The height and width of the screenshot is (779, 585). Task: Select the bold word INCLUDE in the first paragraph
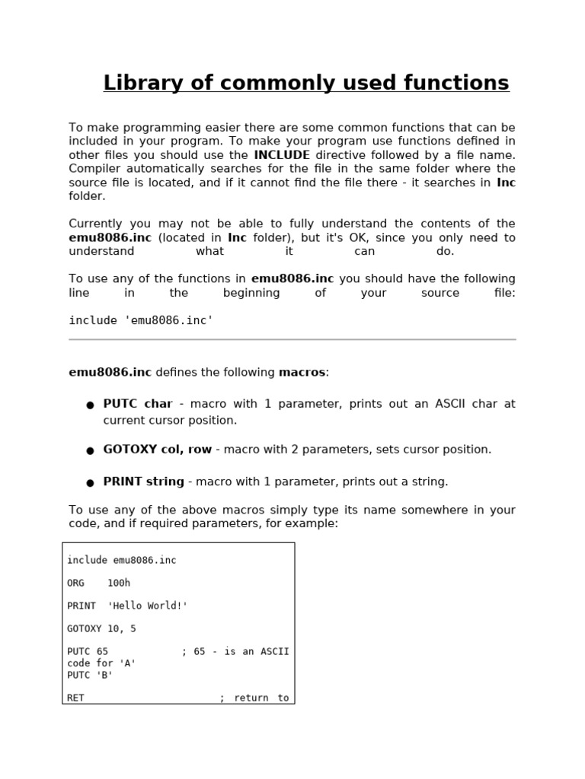click(x=282, y=155)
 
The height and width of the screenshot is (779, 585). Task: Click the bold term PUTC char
click(x=138, y=404)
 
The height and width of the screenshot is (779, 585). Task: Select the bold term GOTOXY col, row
click(x=158, y=450)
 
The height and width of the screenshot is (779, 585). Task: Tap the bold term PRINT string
click(x=144, y=482)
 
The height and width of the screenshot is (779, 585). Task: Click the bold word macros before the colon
click(x=302, y=373)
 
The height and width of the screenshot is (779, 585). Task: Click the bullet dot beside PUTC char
click(x=90, y=405)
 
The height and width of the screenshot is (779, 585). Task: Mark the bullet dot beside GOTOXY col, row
click(x=90, y=451)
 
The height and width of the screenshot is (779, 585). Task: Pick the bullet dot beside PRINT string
click(x=90, y=483)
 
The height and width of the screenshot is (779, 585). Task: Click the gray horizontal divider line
click(x=292, y=339)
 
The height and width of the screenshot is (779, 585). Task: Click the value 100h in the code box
click(x=119, y=583)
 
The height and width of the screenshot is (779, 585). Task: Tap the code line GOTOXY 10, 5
click(x=101, y=629)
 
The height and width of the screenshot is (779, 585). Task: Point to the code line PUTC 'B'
click(x=90, y=675)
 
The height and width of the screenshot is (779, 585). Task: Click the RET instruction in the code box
click(x=75, y=698)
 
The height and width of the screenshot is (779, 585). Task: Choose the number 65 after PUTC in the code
click(x=102, y=652)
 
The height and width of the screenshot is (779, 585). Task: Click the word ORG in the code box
click(x=75, y=583)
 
